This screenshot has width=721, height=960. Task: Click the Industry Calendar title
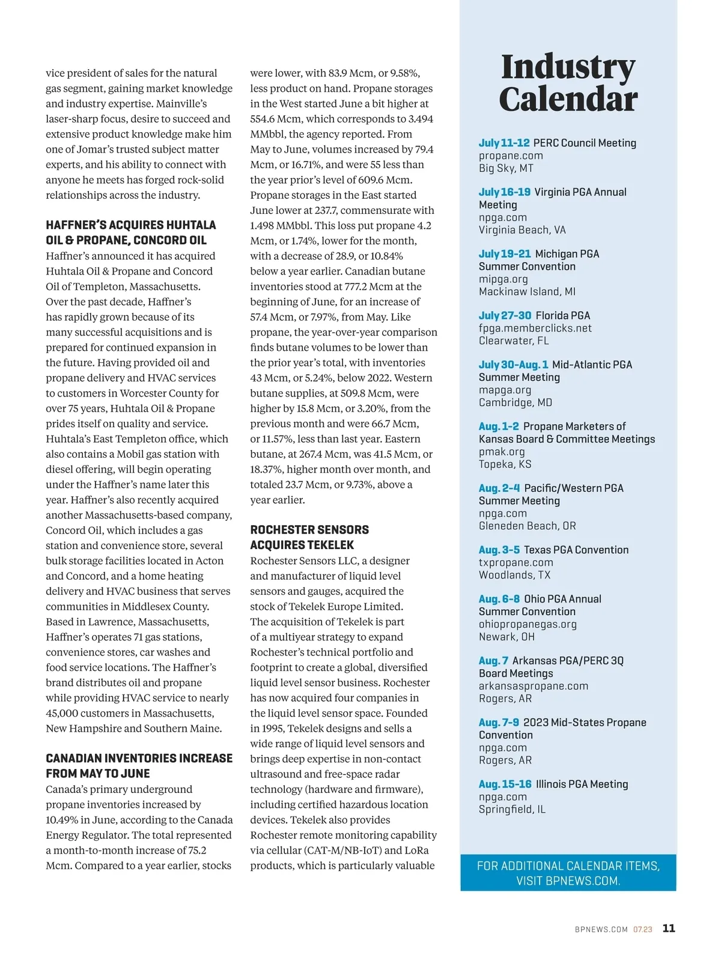[x=568, y=83]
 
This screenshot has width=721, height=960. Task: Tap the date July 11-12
[x=504, y=143]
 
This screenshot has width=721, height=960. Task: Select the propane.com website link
[x=511, y=156]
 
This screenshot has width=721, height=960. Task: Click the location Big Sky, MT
[x=506, y=168]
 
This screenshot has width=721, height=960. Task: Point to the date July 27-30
[x=505, y=315]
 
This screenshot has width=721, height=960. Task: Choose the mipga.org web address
[x=503, y=279]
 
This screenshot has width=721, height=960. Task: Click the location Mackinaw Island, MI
[x=527, y=291]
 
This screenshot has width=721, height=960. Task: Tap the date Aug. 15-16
[x=505, y=784]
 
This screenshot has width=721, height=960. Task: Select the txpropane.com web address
[x=516, y=562]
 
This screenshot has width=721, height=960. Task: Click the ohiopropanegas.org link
[x=528, y=624]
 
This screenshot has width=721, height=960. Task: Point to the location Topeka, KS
[x=505, y=464]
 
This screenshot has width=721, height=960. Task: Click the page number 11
[x=669, y=928]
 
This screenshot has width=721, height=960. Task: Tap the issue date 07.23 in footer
[x=642, y=929]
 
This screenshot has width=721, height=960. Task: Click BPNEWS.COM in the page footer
[x=601, y=929]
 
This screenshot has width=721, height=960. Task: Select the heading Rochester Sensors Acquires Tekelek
[x=309, y=537]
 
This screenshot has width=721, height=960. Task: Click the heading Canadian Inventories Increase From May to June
[x=139, y=765]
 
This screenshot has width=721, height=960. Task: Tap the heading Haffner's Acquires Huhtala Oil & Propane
[x=131, y=232]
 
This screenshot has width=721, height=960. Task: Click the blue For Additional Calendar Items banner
[x=568, y=873]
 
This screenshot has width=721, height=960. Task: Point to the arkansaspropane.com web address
[x=533, y=686]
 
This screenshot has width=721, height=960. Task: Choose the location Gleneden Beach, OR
[x=527, y=526]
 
